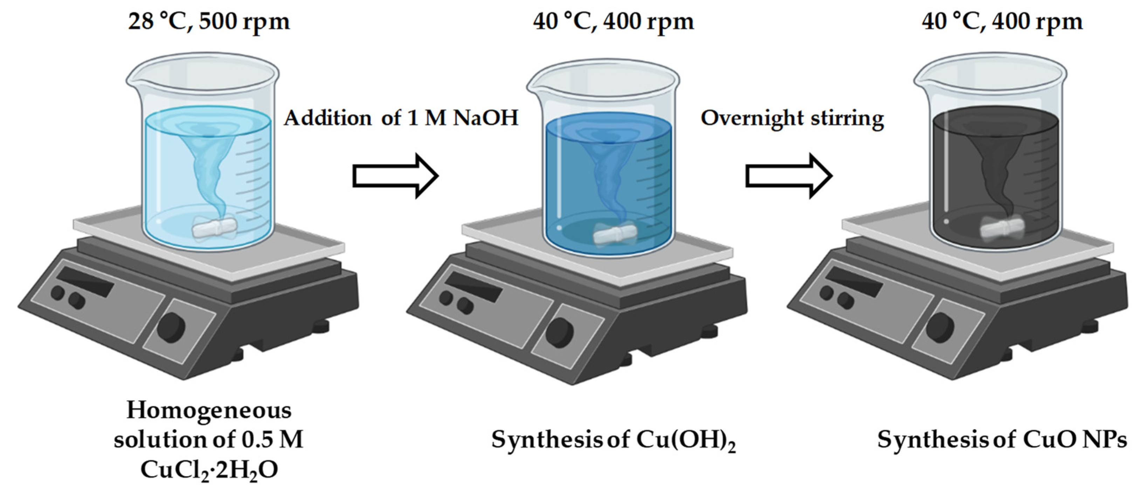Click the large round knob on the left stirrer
pos(171,328)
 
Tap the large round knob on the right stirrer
pos(940,328)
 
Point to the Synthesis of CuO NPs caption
pos(1002,440)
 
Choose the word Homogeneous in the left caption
pos(209,410)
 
